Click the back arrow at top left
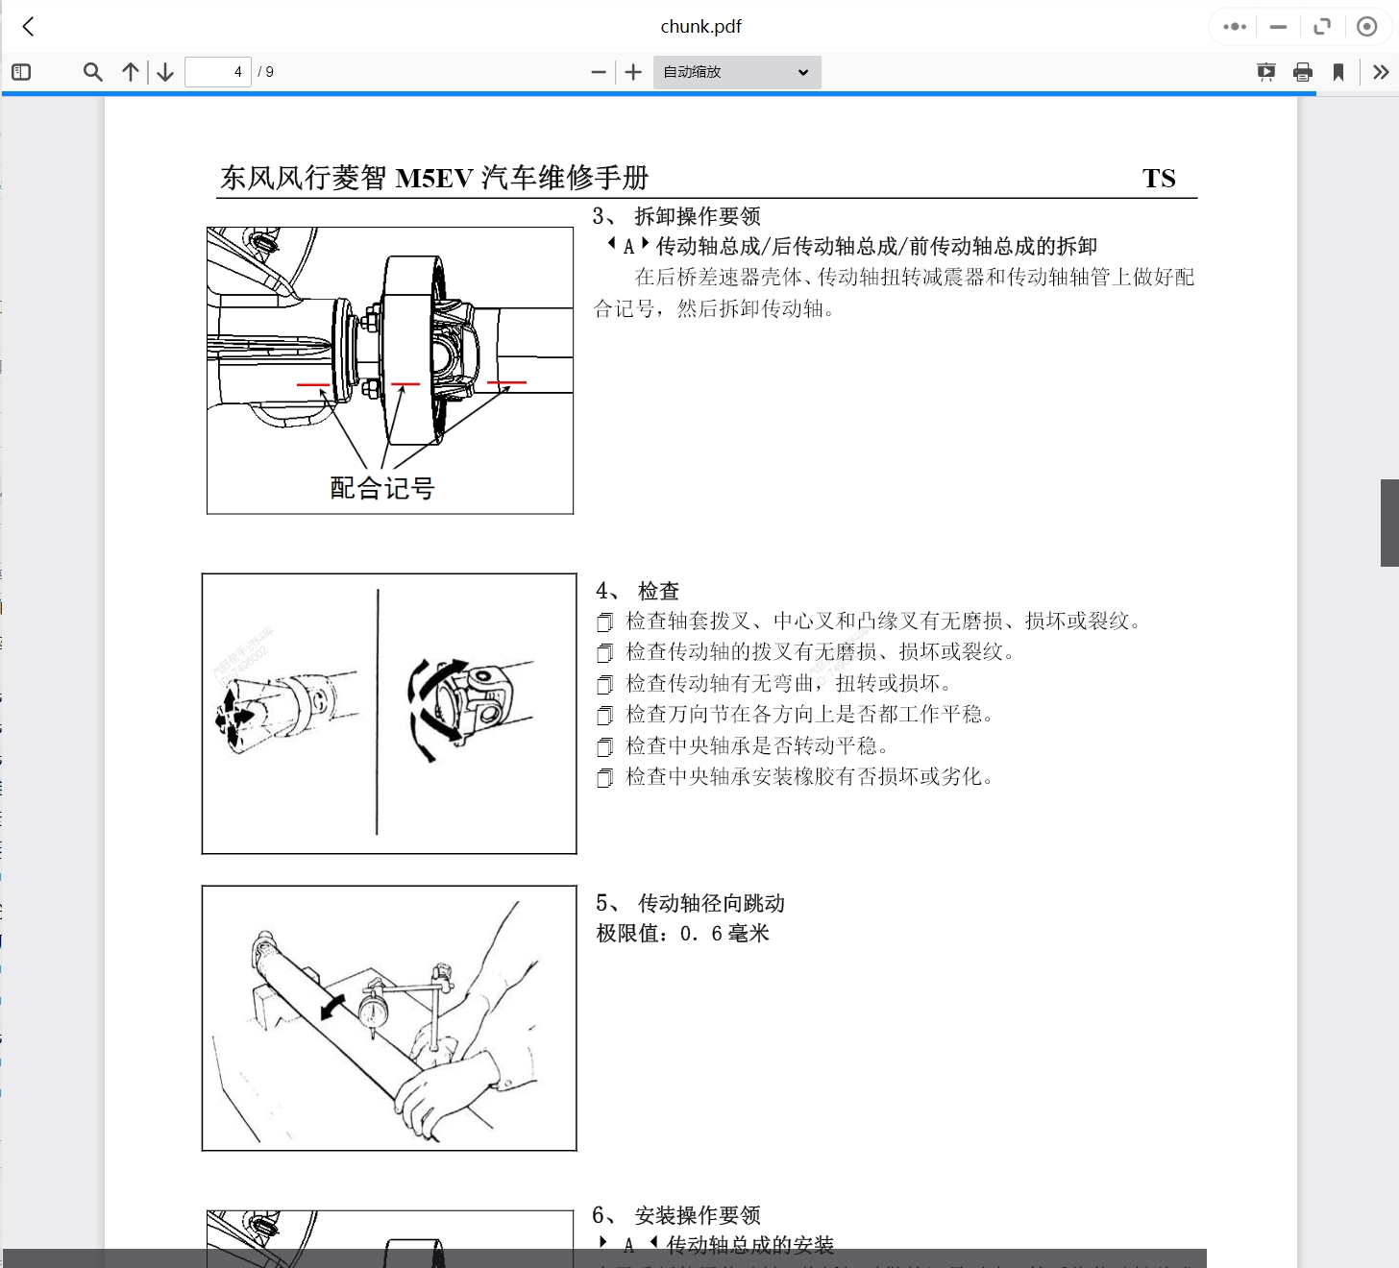(29, 27)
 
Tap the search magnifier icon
(92, 72)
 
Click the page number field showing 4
(218, 72)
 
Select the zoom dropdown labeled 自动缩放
(736, 72)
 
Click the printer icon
(1303, 72)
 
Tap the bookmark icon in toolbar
(1338, 72)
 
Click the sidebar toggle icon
(21, 72)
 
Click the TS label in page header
(1159, 179)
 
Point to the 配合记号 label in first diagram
(382, 488)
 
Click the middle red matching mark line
(405, 384)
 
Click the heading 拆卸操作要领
(697, 216)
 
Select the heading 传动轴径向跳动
(711, 903)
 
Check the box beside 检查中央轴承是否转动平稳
(604, 747)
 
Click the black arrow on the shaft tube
(332, 1007)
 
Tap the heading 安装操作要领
(697, 1215)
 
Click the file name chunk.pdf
(700, 27)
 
